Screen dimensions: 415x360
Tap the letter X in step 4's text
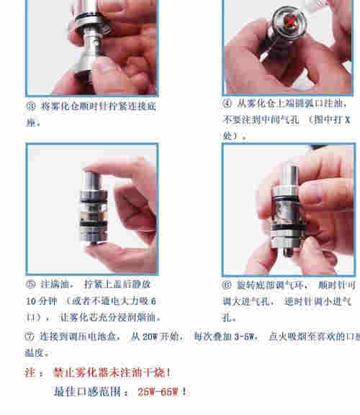[345, 120]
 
